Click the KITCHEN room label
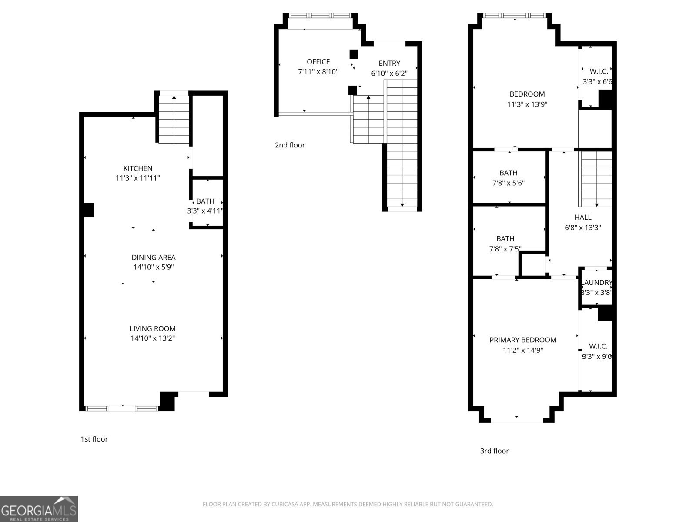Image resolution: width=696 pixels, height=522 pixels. [138, 168]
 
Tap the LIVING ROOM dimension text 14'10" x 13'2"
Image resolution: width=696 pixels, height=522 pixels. [153, 338]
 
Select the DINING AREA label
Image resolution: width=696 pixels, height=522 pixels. [154, 258]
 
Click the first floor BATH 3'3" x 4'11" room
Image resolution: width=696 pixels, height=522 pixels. [205, 206]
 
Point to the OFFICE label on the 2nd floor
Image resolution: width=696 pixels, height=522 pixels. [318, 62]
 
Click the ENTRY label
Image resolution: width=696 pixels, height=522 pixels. [389, 64]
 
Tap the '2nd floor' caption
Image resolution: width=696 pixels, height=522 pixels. [290, 145]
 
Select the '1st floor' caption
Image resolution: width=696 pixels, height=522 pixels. [94, 439]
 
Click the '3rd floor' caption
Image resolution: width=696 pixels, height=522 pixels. [494, 451]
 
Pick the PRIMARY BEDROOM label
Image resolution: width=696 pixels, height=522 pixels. [523, 340]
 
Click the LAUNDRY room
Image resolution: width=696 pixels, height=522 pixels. [596, 287]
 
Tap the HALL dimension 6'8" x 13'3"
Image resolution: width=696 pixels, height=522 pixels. [583, 228]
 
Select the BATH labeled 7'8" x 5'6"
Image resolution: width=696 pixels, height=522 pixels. [509, 177]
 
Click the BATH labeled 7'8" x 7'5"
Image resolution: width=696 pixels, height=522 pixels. [505, 244]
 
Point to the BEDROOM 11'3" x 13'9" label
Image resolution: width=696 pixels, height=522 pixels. [527, 94]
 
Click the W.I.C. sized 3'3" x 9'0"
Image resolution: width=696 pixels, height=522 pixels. [598, 351]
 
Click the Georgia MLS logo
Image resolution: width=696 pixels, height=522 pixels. [39, 509]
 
